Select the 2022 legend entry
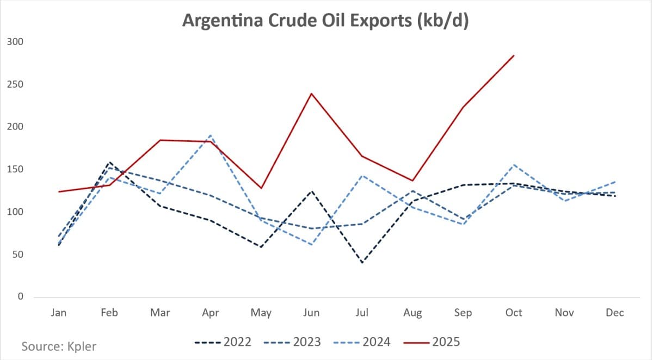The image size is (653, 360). (223, 342)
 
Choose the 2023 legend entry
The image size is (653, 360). (293, 342)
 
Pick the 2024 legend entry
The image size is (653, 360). (362, 342)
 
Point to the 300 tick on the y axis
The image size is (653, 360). (16, 42)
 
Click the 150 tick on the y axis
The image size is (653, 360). (16, 169)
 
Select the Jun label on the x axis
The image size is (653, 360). (311, 313)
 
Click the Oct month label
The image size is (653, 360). (514, 313)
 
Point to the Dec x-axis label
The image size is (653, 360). (615, 313)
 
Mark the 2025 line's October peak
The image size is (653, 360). (514, 55)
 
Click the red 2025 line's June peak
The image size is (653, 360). (311, 93)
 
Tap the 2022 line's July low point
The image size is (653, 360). (362, 263)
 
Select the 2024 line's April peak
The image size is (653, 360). (210, 135)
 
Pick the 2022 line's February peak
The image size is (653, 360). (109, 162)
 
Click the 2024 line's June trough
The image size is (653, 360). (311, 245)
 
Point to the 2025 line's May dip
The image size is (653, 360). (261, 188)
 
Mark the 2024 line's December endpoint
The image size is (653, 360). (615, 182)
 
